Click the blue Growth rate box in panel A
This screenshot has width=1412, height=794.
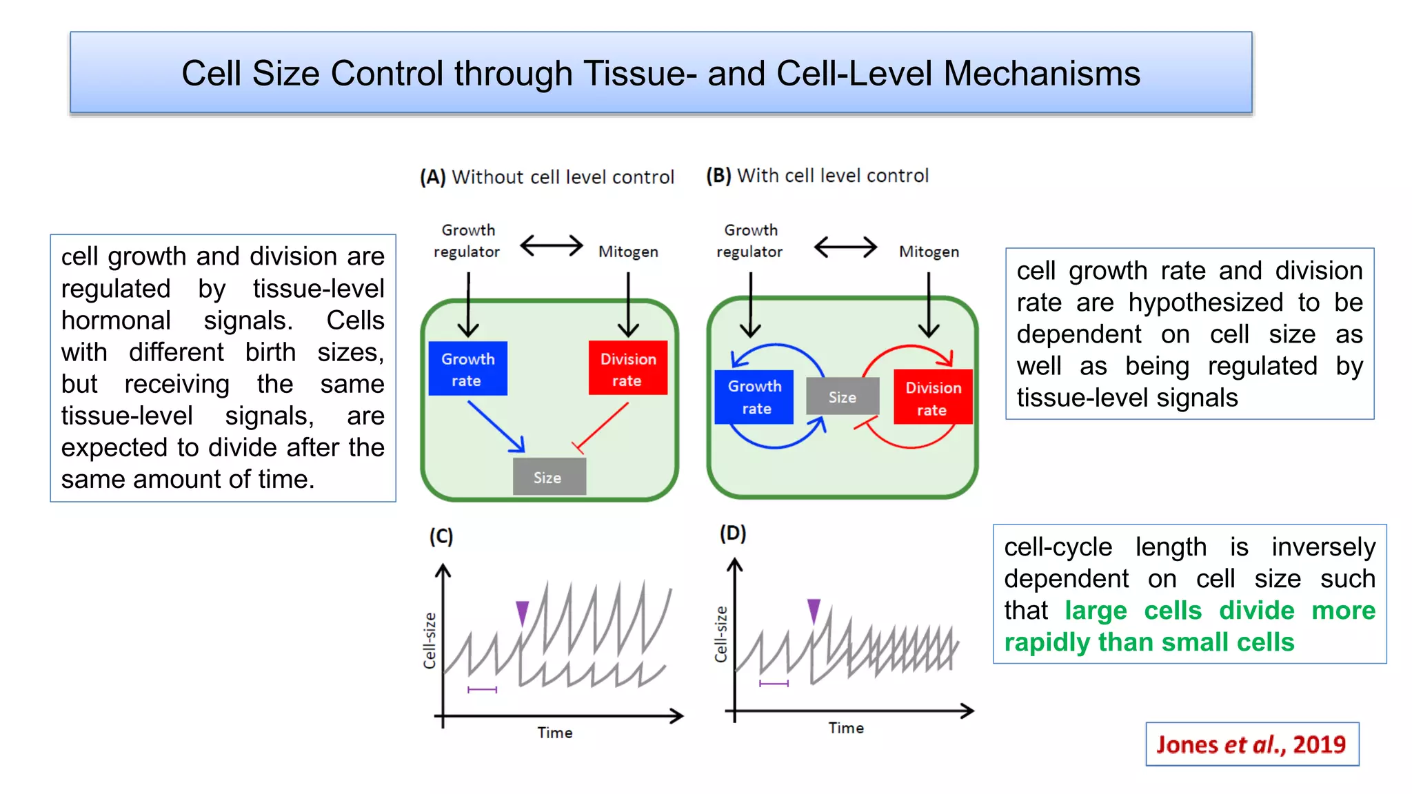click(467, 369)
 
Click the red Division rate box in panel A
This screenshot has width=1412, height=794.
click(627, 368)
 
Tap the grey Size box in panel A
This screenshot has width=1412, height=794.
click(549, 477)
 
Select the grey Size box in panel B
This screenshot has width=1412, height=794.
click(842, 396)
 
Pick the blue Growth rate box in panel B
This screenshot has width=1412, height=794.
click(754, 397)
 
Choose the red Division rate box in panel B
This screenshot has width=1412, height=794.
click(932, 397)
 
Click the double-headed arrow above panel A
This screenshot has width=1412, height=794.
click(551, 245)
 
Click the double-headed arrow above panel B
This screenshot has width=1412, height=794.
click(845, 247)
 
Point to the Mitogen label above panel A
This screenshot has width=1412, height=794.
click(627, 252)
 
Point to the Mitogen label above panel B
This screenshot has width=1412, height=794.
click(928, 252)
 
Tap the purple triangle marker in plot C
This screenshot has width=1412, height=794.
click(522, 611)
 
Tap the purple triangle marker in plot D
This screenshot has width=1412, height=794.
click(814, 609)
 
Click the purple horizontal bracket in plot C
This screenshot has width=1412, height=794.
click(482, 689)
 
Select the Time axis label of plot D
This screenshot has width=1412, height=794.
click(845, 728)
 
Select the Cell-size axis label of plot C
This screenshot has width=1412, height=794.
click(430, 640)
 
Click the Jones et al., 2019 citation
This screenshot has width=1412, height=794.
click(1251, 744)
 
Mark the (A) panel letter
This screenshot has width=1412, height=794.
click(433, 177)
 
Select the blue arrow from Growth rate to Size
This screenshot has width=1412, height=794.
click(496, 427)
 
